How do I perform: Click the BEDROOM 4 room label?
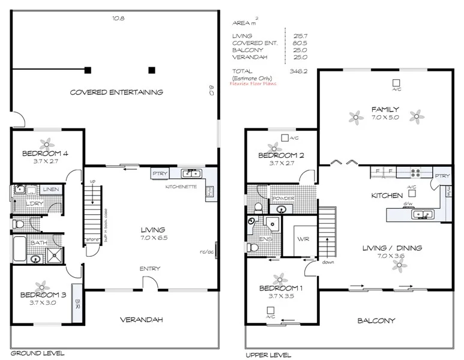tap(45, 154)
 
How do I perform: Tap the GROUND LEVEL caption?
tap(37, 353)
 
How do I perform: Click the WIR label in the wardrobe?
tap(302, 238)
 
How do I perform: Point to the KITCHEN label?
tap(387, 196)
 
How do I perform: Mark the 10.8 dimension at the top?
tap(118, 19)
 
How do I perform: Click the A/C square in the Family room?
tap(396, 83)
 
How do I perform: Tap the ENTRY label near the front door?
tap(149, 268)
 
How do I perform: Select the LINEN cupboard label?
tap(50, 190)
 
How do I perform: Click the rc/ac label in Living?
tap(207, 251)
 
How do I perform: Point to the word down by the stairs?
tap(327, 262)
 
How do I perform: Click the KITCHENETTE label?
tap(181, 187)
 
